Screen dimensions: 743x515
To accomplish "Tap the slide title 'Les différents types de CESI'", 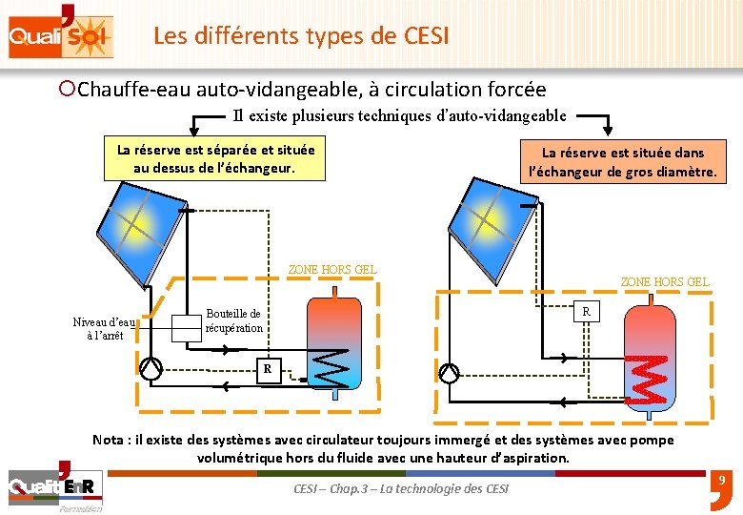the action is pos(301,36).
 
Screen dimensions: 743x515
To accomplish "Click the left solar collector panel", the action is pos(139,229).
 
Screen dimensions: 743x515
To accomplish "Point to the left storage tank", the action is pos(334,340).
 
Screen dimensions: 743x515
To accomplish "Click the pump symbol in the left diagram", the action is pos(151,368).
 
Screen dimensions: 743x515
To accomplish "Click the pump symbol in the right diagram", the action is pos(449,373).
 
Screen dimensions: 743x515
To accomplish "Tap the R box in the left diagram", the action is pos(268,368).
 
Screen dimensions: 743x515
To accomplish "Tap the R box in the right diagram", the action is pos(587,311).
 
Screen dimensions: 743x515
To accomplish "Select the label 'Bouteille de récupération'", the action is pos(233,320).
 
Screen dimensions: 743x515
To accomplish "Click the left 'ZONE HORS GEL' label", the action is pos(331,269).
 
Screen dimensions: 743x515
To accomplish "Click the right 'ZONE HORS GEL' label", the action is pos(664,281).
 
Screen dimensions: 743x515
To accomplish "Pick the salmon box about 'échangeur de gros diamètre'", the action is pos(623,162).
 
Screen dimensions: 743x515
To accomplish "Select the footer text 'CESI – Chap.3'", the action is pos(400,488).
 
